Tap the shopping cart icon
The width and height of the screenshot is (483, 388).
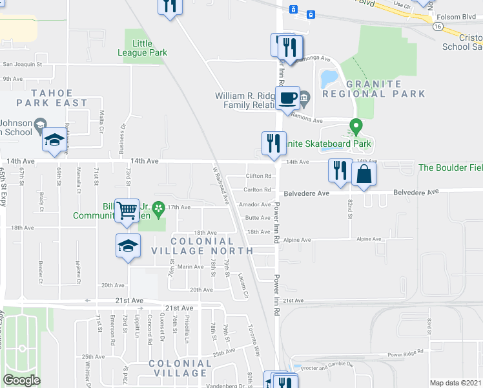coord(127,210)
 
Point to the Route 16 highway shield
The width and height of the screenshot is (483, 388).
coord(438,27)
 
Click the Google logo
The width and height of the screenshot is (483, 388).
coord(21,380)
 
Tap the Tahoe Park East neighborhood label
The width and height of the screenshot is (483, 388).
coord(52,98)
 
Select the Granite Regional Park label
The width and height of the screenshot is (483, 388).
coord(386,89)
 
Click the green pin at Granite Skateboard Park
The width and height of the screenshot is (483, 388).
coord(355,126)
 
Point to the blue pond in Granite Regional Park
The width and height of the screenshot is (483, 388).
coord(328,79)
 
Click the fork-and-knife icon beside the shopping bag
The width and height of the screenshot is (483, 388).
coord(340,170)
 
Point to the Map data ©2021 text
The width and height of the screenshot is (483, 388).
coord(456,382)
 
